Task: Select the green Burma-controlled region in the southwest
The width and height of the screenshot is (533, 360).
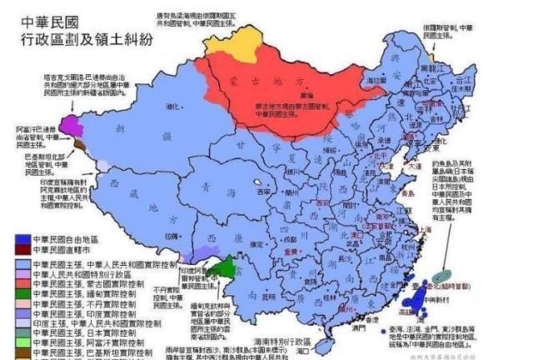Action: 219,267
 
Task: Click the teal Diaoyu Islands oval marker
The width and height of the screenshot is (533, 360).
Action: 447,272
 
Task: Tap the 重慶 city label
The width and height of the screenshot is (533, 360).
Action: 291,250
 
